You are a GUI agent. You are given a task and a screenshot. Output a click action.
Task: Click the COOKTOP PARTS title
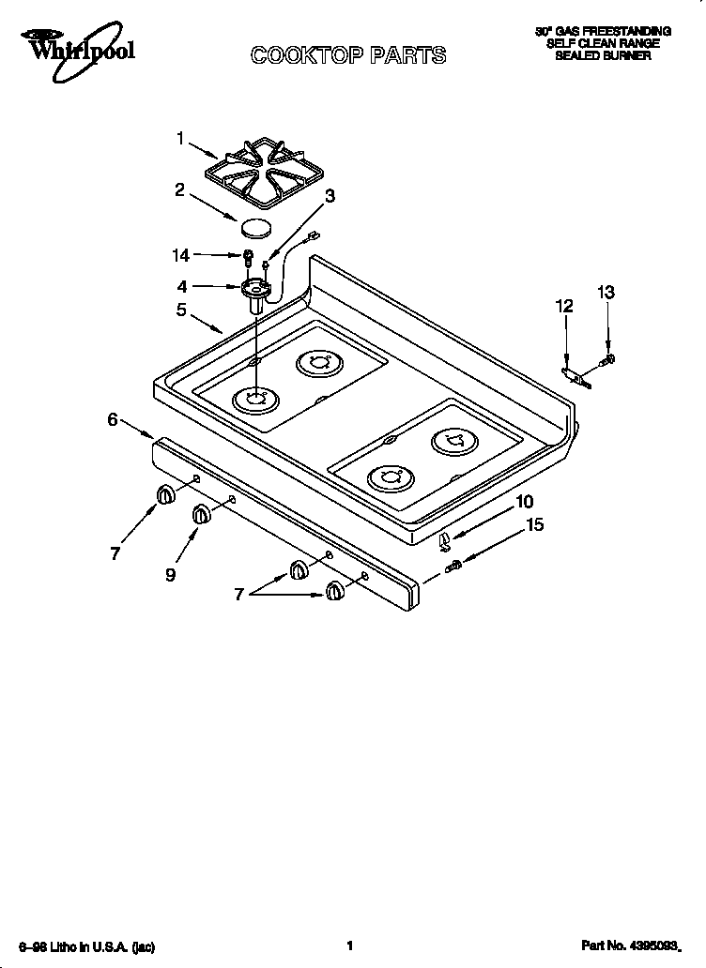click(x=347, y=56)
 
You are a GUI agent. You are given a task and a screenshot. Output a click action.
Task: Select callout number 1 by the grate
click(x=180, y=139)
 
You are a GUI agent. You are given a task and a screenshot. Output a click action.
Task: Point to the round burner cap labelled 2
click(x=254, y=228)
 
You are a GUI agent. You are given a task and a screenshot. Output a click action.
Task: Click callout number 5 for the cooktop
click(x=180, y=310)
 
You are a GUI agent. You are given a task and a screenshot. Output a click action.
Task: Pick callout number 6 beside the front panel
click(x=113, y=419)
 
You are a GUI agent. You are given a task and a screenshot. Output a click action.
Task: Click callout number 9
click(x=170, y=575)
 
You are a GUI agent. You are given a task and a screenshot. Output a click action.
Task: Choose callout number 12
click(x=563, y=306)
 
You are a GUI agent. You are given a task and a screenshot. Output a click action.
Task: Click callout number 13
click(x=606, y=293)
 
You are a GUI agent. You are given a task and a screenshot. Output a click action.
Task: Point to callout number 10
click(x=523, y=502)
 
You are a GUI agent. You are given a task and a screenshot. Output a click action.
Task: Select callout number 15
click(x=533, y=525)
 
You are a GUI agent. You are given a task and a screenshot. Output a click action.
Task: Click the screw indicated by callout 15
click(x=453, y=565)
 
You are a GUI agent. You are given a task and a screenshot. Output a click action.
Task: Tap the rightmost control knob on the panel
click(x=334, y=590)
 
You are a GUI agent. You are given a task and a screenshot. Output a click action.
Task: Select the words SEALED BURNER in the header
click(x=603, y=56)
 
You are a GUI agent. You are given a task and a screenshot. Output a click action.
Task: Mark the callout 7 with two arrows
click(x=239, y=595)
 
